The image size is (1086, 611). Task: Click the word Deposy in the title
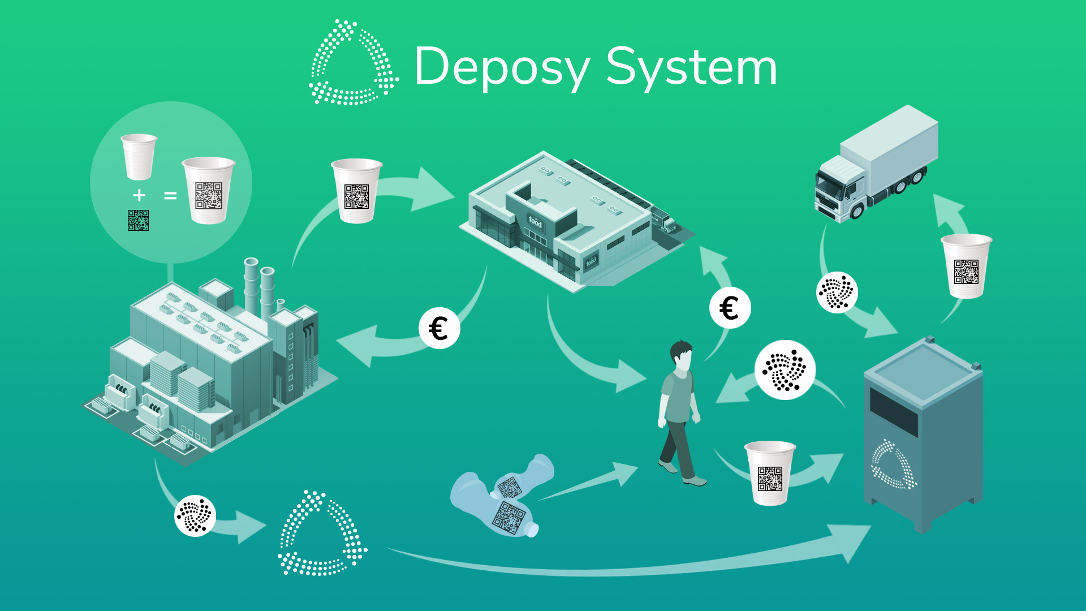click(502, 68)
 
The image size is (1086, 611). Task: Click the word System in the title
click(691, 68)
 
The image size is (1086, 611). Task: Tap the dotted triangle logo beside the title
click(353, 63)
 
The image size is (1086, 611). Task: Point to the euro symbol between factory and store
click(439, 328)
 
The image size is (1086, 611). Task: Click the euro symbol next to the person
click(730, 308)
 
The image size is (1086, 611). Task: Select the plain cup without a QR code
click(139, 156)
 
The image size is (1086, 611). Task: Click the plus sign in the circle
click(139, 195)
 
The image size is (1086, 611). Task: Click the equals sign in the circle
click(170, 196)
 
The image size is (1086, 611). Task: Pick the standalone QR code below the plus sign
click(138, 220)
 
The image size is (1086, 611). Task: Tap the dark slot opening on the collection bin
click(893, 411)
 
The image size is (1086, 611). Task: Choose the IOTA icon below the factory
click(195, 515)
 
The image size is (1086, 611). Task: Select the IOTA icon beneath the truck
click(837, 292)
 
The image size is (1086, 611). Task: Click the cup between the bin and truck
click(966, 266)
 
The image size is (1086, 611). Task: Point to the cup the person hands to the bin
click(770, 473)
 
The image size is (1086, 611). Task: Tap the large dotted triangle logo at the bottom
click(322, 535)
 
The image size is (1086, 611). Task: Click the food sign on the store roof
click(535, 222)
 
